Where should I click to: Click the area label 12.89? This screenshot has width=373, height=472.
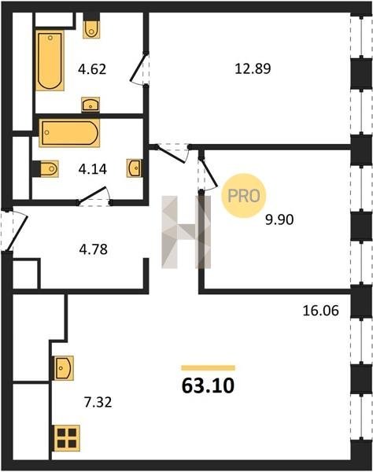pos(253,68)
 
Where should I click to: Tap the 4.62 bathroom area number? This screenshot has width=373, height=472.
pos(92,69)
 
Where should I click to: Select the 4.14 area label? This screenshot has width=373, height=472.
pos(92,169)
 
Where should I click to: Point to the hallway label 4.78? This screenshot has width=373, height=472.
pos(93,249)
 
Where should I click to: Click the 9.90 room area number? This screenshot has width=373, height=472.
pos(279,219)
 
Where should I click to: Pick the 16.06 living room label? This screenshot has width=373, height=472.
pos(320,311)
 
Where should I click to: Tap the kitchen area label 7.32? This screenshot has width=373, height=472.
pos(98,402)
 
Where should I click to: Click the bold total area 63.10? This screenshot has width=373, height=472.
pos(208,386)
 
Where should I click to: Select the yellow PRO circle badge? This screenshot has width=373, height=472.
pos(243,196)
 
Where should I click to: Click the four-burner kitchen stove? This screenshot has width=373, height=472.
pos(67,438)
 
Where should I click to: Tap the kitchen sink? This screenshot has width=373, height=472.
pos(64,368)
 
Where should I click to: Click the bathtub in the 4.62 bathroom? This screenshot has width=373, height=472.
pos(50,61)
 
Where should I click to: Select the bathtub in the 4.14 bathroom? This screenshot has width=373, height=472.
pos(69,133)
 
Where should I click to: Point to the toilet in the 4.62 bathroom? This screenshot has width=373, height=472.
pos(91,27)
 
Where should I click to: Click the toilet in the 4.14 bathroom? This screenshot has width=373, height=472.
pos(45,169)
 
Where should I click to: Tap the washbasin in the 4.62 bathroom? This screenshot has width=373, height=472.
pos(90,105)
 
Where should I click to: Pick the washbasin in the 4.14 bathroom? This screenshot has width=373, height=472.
pos(135,168)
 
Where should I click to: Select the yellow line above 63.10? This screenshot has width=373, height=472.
pos(208,368)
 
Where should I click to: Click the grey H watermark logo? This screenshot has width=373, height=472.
pos(186,232)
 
